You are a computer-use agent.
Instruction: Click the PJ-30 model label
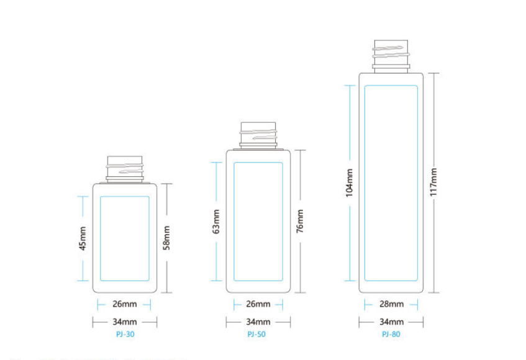(125, 334)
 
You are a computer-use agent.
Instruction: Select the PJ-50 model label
(256, 334)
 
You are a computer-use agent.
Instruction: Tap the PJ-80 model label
(391, 334)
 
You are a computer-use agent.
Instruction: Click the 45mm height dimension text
(83, 238)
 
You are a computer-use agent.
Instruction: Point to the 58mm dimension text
(166, 238)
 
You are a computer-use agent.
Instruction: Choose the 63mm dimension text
(216, 222)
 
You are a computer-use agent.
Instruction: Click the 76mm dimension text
(300, 221)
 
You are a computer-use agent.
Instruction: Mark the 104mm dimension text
(350, 182)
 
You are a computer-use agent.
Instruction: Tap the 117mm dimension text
(433, 182)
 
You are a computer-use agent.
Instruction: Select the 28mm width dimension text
(391, 304)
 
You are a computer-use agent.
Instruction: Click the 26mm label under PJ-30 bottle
(125, 304)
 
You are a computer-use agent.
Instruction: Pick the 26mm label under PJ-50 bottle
(258, 304)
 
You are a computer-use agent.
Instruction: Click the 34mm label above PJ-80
(391, 322)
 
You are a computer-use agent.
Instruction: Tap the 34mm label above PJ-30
(125, 322)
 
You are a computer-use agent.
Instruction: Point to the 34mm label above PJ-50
(258, 322)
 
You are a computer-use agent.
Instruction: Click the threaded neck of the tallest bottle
(391, 56)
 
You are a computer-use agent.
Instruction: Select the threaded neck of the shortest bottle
(125, 169)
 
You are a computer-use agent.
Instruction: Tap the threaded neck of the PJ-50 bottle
(258, 135)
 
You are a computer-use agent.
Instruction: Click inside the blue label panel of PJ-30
(125, 238)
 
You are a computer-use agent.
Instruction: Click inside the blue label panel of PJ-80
(391, 183)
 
